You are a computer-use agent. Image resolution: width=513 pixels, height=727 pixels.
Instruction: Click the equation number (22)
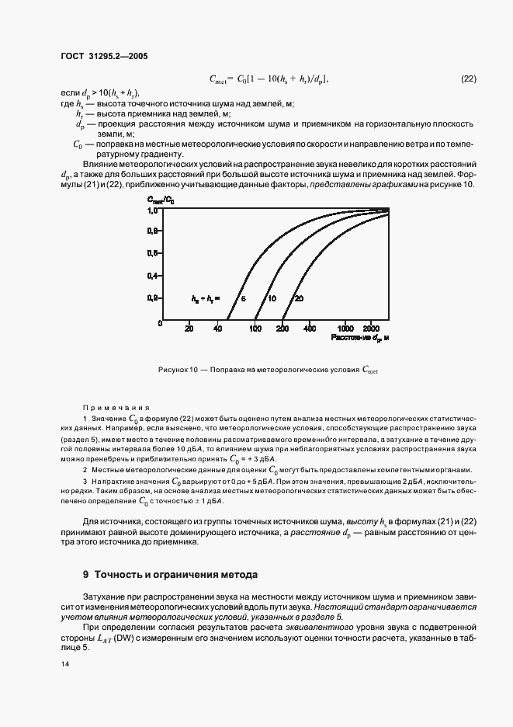pos(468,78)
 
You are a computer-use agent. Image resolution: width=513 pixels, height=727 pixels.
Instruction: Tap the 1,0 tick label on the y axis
pos(154,210)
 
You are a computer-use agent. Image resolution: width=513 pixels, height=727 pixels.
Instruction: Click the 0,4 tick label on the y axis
pos(154,275)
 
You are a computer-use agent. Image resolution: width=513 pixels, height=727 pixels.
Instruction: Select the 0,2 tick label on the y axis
pos(154,297)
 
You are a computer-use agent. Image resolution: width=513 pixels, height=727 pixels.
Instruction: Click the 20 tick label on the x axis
pos(189,329)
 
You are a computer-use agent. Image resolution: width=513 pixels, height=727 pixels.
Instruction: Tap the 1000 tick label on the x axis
pos(346,329)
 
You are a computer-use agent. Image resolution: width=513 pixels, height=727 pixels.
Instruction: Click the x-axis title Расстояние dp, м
pos(359,339)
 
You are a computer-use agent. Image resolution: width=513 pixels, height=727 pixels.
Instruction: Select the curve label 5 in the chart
pos(242,298)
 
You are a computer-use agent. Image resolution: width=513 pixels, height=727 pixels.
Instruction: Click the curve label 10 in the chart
pos(272,298)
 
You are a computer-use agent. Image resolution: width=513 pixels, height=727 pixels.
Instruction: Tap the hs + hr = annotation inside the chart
pos(206,298)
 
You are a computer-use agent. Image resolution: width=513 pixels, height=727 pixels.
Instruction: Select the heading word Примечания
pos(116,407)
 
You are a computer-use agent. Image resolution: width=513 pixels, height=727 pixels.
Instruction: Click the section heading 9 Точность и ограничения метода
pos(170,575)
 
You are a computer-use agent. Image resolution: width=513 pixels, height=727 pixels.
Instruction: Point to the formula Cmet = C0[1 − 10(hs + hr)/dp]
pos(269,78)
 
